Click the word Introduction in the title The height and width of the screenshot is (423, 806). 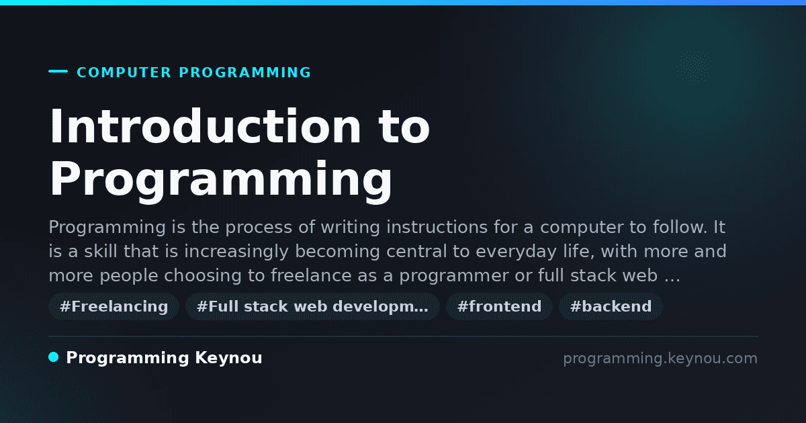click(x=205, y=126)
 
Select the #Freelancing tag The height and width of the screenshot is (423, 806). click(x=114, y=306)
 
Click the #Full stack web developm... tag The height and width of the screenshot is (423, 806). click(x=312, y=306)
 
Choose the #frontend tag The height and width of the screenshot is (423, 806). click(x=499, y=306)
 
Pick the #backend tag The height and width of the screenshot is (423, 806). click(x=611, y=306)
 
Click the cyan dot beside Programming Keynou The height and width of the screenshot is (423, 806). click(x=54, y=357)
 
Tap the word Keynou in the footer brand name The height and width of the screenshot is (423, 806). click(x=228, y=358)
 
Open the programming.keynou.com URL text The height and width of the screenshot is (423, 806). click(x=660, y=359)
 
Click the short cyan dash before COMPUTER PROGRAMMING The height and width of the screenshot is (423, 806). click(x=58, y=71)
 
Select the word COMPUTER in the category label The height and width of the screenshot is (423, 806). click(x=124, y=73)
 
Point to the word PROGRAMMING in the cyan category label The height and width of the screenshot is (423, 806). click(x=244, y=73)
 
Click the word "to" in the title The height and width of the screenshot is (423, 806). click(x=404, y=127)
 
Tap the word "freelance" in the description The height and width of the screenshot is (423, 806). click(x=311, y=275)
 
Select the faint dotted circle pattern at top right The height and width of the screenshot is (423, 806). click(x=693, y=66)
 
